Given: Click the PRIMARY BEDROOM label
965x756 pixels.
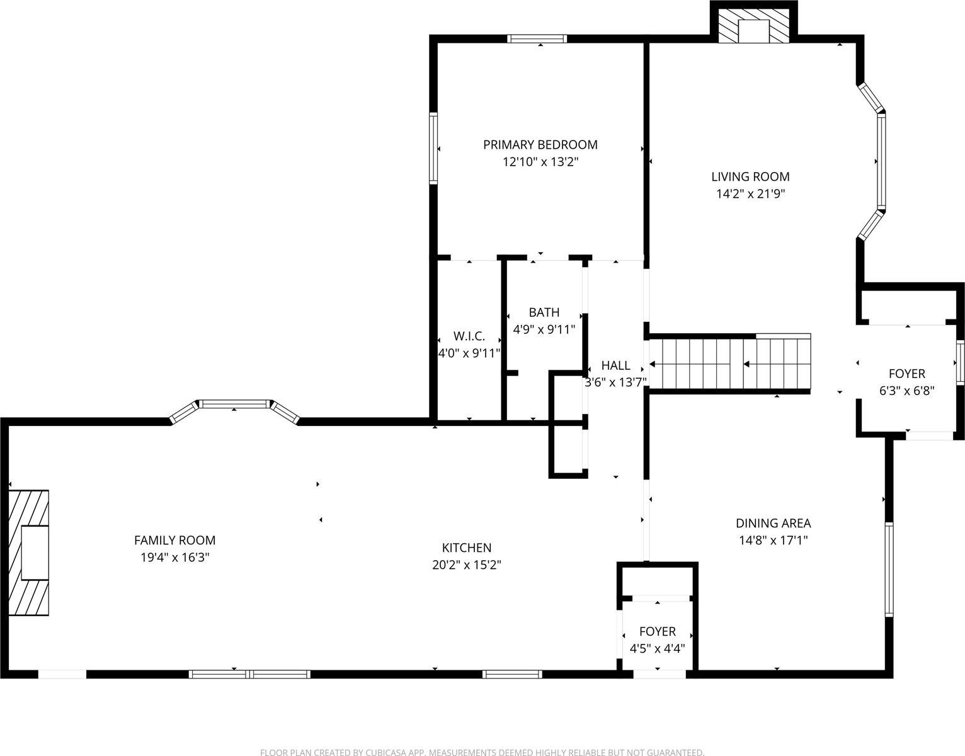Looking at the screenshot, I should pos(540,145).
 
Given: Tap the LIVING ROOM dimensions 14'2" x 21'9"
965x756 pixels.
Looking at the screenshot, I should pos(750,194).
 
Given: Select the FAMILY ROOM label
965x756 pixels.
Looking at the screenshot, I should pos(174,540).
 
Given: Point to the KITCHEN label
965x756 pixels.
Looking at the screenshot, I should pos(466,547).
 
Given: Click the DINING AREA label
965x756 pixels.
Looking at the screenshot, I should pos(773,523).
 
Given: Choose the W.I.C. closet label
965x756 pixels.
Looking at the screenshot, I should pos(469,336).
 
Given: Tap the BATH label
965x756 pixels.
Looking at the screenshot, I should pos(544,312).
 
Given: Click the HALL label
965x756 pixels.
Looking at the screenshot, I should pos(615,365).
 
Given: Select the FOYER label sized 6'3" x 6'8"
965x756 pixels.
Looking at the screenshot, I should pos(906,374).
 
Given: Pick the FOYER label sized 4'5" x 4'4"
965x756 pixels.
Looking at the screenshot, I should pos(657,631).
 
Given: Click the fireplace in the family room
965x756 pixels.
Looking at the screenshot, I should pos(29,553).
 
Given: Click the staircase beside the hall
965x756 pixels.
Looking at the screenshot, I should pos(729,364).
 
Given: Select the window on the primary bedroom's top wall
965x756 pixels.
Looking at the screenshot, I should pos(537,38).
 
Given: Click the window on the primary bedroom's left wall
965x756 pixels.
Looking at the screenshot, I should pos(433,148).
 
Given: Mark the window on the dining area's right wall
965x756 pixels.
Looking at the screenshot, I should pos(889,569).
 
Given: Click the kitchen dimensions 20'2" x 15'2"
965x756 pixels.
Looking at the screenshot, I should pos(466,565).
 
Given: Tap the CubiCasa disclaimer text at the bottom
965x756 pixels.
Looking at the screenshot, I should pos(482,752).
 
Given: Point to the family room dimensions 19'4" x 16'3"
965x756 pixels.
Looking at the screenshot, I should pos(174,558).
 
